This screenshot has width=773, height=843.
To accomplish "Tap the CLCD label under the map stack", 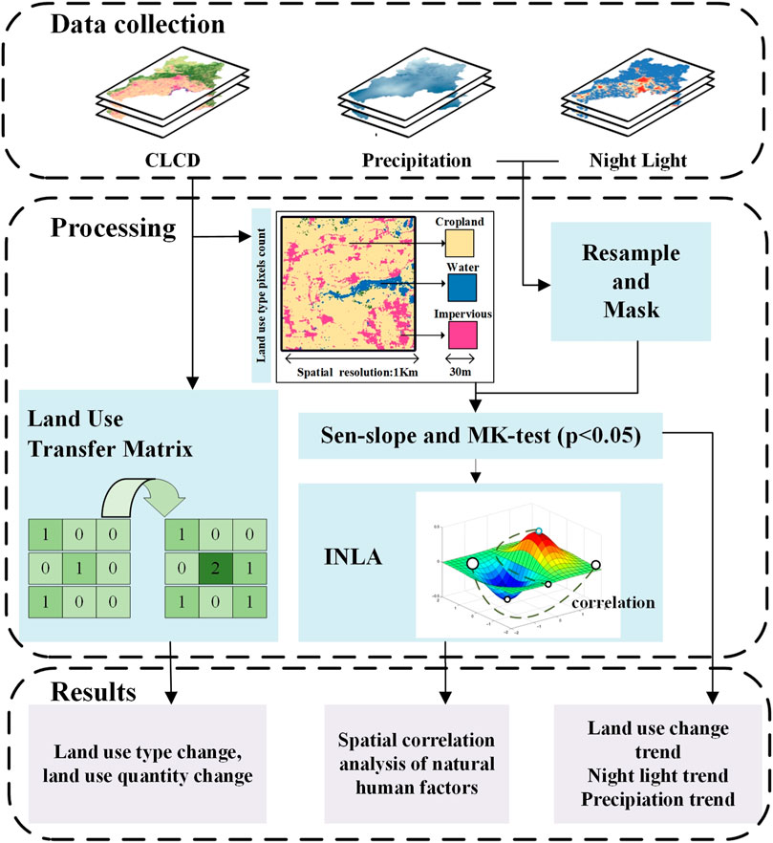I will pyautogui.click(x=172, y=161).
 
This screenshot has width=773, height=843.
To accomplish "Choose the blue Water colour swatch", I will pyautogui.click(x=462, y=289).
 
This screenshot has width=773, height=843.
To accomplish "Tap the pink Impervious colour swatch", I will pyautogui.click(x=462, y=335).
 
